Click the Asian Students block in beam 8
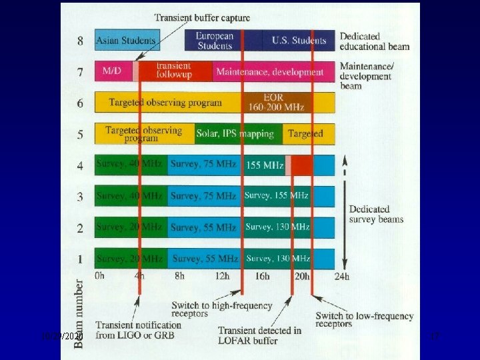(x=127, y=41)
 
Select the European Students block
(x=215, y=41)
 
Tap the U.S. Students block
(x=299, y=41)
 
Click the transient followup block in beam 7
(x=175, y=71)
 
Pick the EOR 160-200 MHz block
(x=278, y=102)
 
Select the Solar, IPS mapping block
(x=235, y=133)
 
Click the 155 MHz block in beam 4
(x=265, y=165)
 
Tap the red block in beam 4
(x=301, y=165)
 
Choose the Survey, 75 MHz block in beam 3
(x=203, y=196)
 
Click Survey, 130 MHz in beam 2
(x=277, y=227)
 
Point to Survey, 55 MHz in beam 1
(x=205, y=258)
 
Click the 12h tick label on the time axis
(x=223, y=276)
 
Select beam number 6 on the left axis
(x=80, y=103)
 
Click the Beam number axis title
(x=79, y=313)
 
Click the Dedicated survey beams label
(x=376, y=214)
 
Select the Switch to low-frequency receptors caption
(x=364, y=319)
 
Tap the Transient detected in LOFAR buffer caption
(x=259, y=335)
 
